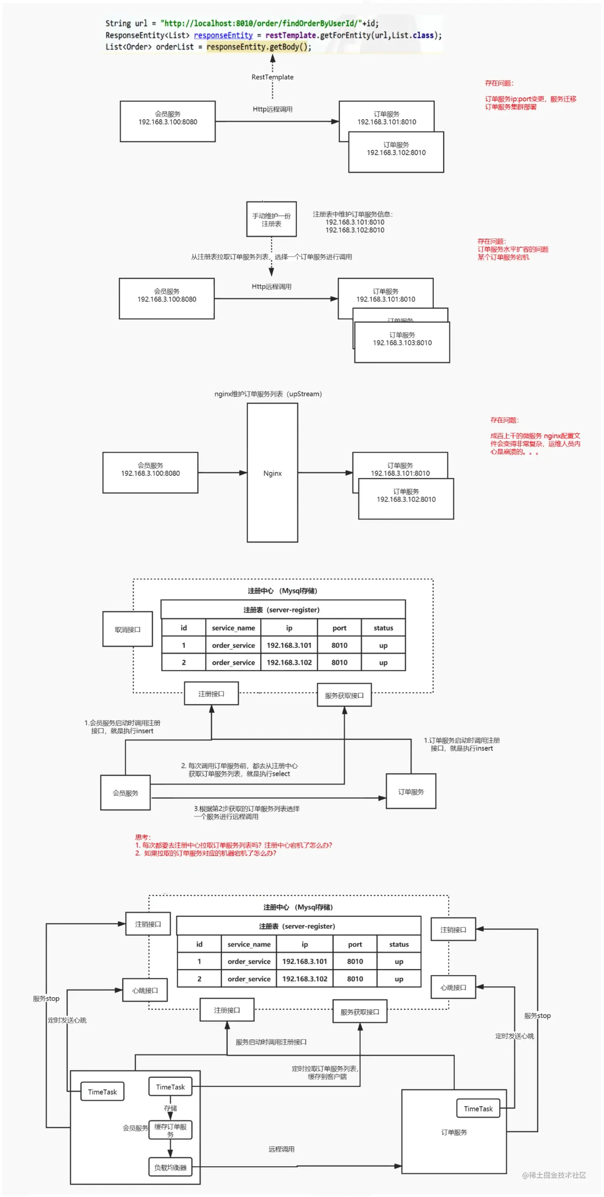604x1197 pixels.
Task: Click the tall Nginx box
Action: pos(272,473)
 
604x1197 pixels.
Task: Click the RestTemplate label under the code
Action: pos(272,77)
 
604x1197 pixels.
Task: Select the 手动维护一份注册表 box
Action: pos(271,219)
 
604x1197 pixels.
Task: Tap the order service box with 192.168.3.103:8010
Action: pos(402,342)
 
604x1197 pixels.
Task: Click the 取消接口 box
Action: pos(127,629)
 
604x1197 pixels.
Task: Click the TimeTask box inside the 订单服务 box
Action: pos(478,1108)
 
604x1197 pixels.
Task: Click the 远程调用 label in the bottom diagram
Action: pos(281,1149)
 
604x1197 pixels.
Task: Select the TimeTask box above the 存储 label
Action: pos(170,1086)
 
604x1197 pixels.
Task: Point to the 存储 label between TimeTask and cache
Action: pos(170,1108)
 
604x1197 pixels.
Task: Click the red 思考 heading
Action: pos(143,837)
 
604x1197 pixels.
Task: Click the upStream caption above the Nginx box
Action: pos(268,394)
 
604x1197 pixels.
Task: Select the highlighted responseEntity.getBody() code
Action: pos(258,47)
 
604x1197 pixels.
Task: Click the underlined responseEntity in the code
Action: pos(223,35)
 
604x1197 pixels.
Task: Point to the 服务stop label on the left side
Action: pos(46,998)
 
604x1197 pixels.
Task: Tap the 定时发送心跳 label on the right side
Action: pos(515,1036)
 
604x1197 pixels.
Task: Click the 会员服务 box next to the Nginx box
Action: pos(150,473)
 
